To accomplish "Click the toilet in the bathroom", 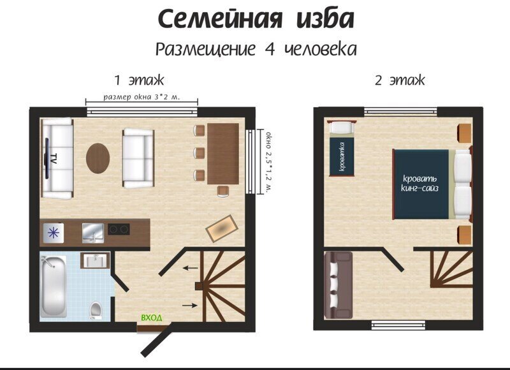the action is pos(96,311).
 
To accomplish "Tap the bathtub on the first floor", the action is pos(54,286).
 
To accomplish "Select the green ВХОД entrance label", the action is pos(151,318).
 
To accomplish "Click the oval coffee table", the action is pos(98,158).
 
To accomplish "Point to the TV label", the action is pos(54,158).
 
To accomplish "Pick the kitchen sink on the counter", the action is pos(93,233).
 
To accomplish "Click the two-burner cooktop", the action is pos(119,230).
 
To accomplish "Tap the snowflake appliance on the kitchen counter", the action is pos(54,233).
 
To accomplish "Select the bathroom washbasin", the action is pos(95,260).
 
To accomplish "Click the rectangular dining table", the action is pos(223,154).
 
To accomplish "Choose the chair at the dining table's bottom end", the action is pos(223,191).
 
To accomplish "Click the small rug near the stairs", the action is pos(222,228).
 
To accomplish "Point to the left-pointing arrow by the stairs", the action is pos(190,268).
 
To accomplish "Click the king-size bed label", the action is pos(419,183).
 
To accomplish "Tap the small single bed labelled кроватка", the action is pos(341,148).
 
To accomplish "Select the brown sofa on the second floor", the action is pos(339,285).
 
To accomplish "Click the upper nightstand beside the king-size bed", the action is pos(465,133).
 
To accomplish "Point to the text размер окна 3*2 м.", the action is pos(142,97).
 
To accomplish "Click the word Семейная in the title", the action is pos(220,19).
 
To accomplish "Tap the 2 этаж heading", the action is pos(400,80).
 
